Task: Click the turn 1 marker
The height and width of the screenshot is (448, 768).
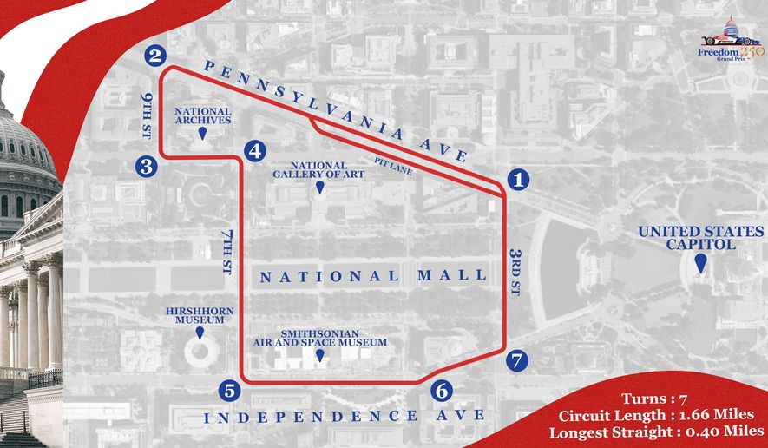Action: pos(518,180)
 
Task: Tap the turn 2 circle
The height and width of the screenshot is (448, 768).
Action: pos(155,56)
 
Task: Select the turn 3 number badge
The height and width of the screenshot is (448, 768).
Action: pos(146,166)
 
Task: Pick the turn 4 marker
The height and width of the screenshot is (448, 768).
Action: pos(255,150)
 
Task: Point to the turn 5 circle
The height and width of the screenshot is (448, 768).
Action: pos(230,391)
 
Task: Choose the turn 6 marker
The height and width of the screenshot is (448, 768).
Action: pos(441,391)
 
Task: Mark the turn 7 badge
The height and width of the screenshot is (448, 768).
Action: pos(518,359)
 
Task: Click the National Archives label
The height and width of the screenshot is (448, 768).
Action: pos(203,116)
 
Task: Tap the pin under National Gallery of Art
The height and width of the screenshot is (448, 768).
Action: pos(318,188)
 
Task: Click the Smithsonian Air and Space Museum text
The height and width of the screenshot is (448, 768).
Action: pos(319,337)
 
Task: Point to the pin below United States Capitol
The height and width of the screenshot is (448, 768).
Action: pos(699,259)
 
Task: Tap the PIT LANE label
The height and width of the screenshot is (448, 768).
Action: pos(394,164)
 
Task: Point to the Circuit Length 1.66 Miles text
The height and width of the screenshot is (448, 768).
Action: pos(650,414)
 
